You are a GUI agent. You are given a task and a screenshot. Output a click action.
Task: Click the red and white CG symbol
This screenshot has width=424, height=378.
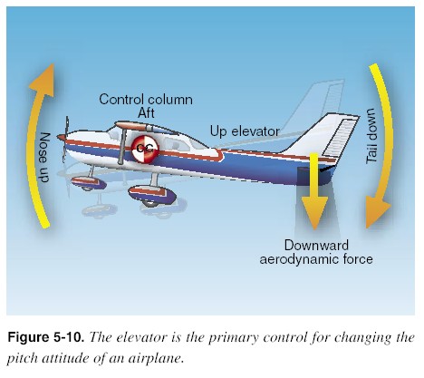coord(143,150)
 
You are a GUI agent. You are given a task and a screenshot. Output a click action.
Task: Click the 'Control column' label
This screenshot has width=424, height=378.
coord(140,98)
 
